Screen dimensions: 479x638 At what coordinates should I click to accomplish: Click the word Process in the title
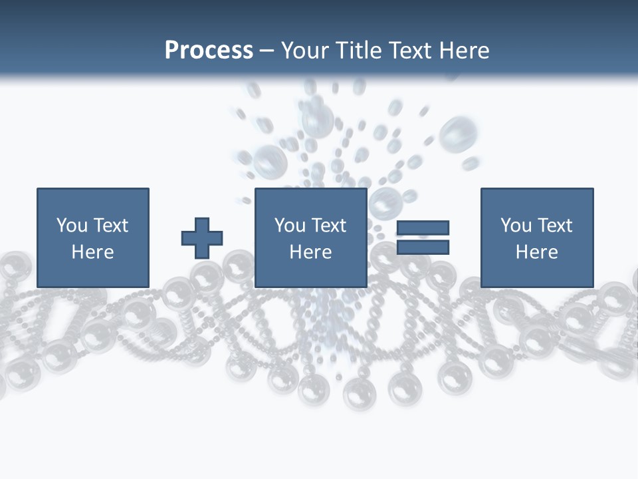(209, 51)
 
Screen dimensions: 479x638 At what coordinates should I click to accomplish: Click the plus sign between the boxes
(202, 238)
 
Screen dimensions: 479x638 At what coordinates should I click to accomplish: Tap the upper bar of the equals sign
(423, 228)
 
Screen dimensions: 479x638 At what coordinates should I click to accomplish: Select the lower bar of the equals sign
(423, 247)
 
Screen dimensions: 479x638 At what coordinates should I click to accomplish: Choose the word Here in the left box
(92, 252)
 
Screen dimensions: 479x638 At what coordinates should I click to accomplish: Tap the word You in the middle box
(290, 226)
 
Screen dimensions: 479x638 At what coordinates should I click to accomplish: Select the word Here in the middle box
(310, 252)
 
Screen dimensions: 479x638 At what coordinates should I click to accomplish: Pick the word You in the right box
(516, 226)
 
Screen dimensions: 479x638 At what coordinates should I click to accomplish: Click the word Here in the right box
(536, 252)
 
